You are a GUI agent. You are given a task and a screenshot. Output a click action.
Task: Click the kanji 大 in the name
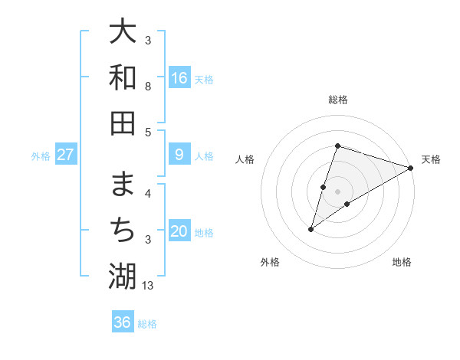click(122, 31)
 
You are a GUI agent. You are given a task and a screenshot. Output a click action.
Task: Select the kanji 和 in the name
click(122, 77)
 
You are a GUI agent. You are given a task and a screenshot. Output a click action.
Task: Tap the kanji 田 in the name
click(122, 122)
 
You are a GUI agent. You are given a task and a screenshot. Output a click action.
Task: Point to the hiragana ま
click(122, 185)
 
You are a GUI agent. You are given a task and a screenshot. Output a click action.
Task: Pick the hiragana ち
click(122, 230)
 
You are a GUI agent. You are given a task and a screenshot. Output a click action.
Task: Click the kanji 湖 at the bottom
click(122, 276)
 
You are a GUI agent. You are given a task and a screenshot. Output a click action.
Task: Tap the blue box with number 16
click(179, 78)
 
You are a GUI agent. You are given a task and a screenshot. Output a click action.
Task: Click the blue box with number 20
click(179, 232)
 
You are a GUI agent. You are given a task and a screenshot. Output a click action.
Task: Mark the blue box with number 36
click(123, 322)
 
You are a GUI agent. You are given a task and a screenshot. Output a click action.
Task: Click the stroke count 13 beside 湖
click(149, 286)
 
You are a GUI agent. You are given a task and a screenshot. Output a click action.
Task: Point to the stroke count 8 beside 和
click(148, 87)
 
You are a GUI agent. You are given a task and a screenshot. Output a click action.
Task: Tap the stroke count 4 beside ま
click(148, 194)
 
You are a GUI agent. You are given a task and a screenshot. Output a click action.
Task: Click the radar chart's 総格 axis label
click(338, 100)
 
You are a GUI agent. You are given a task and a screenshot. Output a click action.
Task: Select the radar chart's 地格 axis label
click(402, 262)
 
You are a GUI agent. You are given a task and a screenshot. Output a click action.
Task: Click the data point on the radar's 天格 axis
click(410, 168)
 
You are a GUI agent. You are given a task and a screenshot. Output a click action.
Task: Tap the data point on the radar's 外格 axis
click(311, 228)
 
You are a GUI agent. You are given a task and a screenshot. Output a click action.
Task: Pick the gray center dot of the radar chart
click(338, 191)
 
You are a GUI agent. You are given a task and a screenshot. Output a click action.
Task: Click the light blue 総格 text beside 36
click(147, 324)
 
